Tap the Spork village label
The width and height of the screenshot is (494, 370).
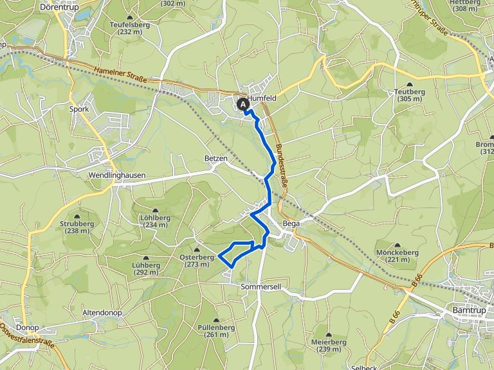tap(78, 109)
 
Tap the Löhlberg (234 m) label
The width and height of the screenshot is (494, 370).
tap(157, 220)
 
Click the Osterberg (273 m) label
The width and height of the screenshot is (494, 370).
tap(196, 260)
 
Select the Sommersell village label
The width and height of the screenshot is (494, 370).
tap(261, 285)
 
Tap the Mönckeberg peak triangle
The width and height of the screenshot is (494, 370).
tap(398, 245)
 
